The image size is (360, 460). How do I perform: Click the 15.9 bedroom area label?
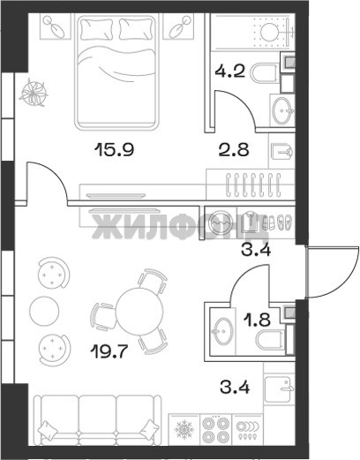point(114,149)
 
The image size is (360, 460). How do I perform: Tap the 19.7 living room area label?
point(109,351)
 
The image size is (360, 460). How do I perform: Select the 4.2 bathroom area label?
point(229,71)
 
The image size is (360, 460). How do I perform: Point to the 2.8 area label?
point(234,149)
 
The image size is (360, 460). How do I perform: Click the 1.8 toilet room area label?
point(259,320)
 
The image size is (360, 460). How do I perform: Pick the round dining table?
point(139,311)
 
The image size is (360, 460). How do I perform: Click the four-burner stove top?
point(216,431)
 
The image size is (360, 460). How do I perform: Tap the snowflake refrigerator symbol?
point(184,431)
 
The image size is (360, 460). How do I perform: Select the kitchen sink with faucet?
point(280,389)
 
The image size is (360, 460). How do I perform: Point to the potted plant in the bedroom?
point(34,92)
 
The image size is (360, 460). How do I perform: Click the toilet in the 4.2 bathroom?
point(265,73)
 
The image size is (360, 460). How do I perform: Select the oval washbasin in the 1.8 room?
point(222,330)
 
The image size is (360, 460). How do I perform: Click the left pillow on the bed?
point(97,28)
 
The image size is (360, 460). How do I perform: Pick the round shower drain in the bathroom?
point(269,31)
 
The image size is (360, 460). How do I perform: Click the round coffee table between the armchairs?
point(44,311)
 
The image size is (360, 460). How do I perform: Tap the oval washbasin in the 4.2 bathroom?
point(282,110)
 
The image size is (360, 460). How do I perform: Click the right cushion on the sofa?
point(149,430)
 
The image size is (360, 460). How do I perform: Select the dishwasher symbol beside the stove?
point(248,431)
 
